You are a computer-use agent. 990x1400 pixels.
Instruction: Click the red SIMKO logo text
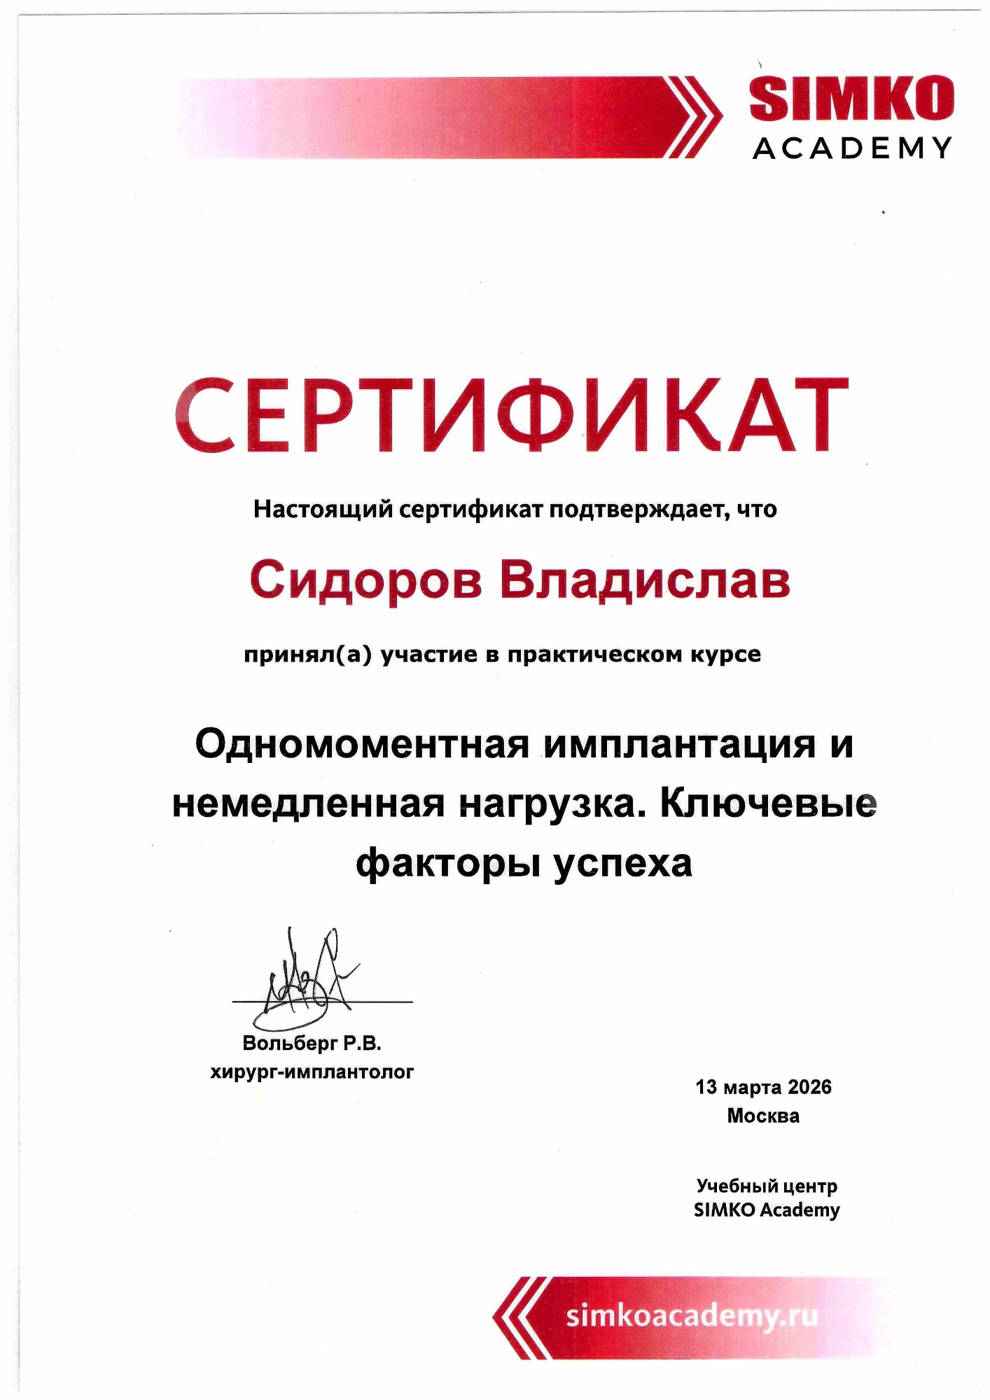click(x=851, y=99)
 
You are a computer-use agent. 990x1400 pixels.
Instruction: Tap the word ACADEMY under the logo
click(x=851, y=148)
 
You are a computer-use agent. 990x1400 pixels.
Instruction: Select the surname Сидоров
click(x=365, y=581)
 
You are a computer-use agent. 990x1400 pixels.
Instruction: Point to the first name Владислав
click(x=645, y=581)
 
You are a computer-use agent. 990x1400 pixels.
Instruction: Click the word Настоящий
click(x=323, y=509)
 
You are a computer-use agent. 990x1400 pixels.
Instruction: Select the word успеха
click(x=622, y=864)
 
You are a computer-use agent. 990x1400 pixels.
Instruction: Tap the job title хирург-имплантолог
click(x=312, y=1072)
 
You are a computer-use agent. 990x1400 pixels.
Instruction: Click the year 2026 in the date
click(x=809, y=1087)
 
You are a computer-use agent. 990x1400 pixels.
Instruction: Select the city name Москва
click(x=763, y=1115)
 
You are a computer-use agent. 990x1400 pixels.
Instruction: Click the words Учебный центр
click(x=767, y=1186)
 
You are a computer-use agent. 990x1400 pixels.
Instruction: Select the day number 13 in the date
click(x=706, y=1087)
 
